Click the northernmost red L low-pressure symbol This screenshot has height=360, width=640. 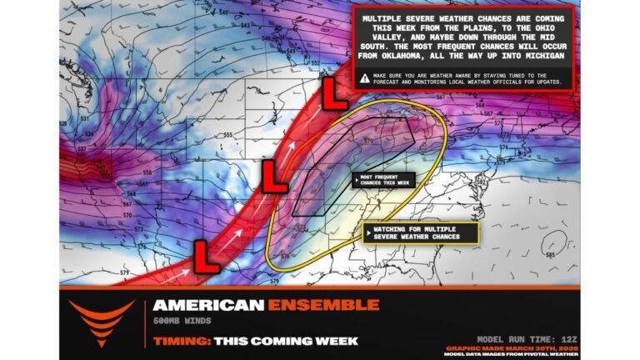pyautogui.click(x=335, y=93)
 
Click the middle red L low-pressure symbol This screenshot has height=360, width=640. pyautogui.click(x=275, y=177)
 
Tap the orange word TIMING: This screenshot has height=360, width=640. pyautogui.click(x=181, y=341)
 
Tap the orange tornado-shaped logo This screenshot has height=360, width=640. pyautogui.click(x=102, y=322)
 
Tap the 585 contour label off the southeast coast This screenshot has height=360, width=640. pyautogui.click(x=548, y=244)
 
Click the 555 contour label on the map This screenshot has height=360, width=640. pyautogui.click(x=227, y=134)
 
